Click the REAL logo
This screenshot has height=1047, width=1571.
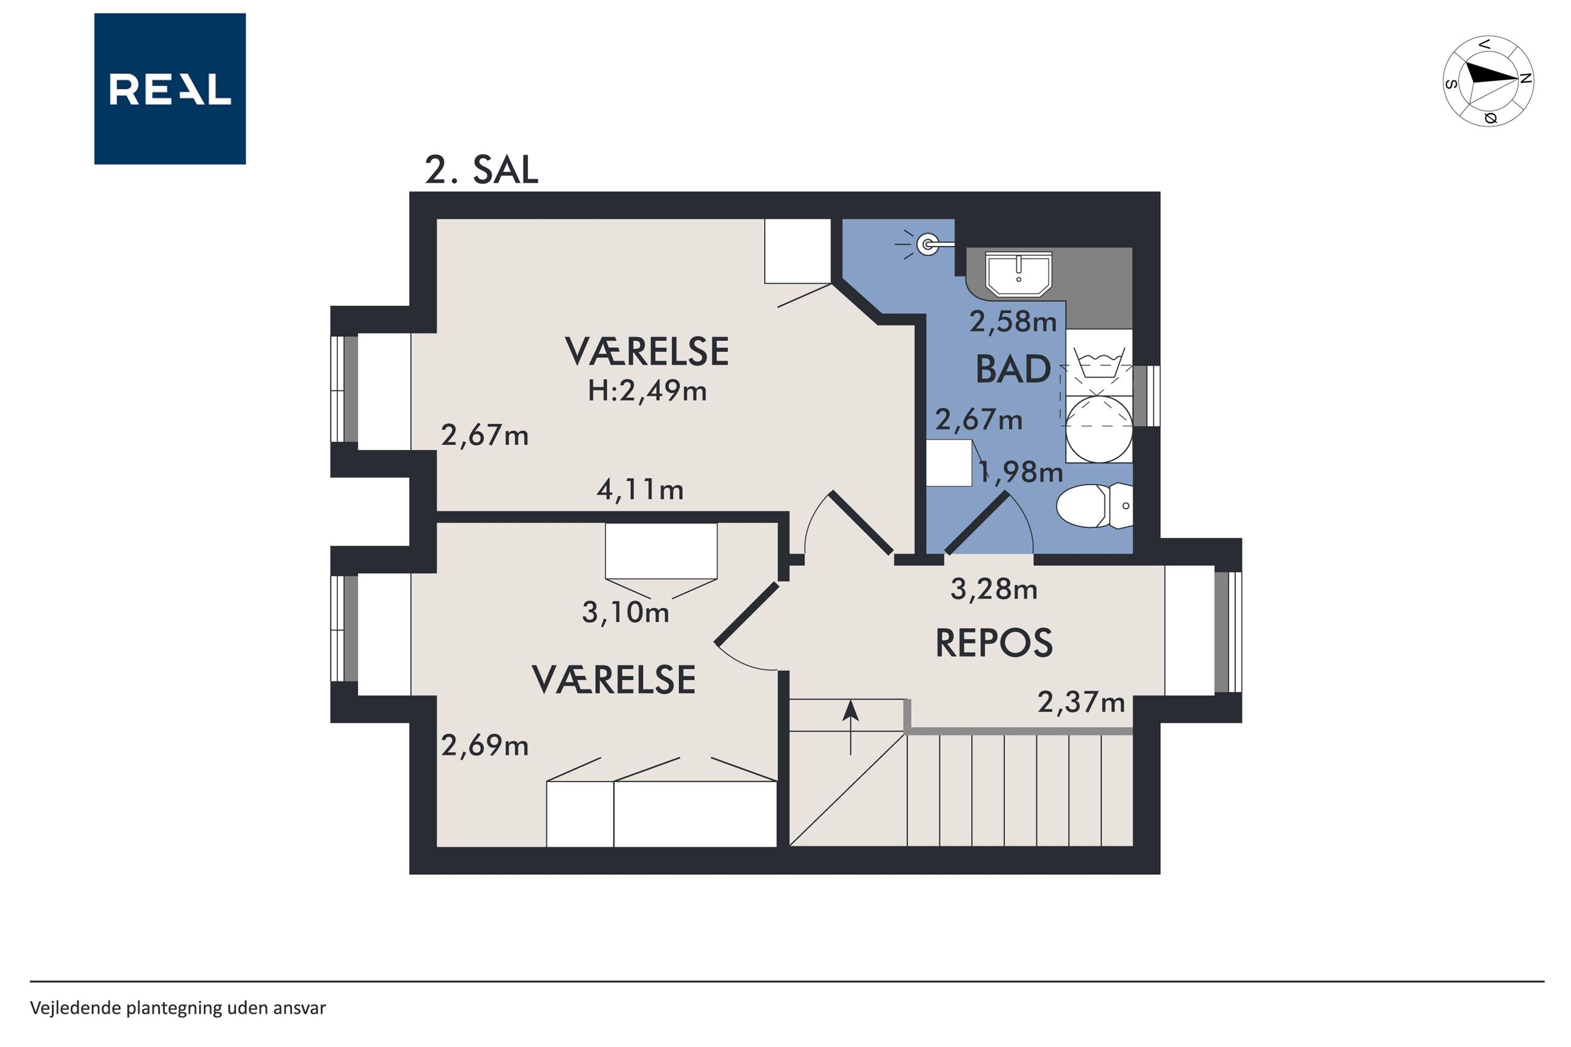[170, 89]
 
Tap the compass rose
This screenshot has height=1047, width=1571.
[1488, 81]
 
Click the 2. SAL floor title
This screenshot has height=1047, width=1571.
[482, 170]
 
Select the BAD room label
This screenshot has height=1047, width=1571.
[1013, 369]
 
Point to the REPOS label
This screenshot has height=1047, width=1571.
[993, 643]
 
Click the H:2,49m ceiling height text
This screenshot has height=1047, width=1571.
[647, 391]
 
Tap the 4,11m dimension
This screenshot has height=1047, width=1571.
[640, 490]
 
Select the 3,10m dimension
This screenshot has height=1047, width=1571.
[625, 612]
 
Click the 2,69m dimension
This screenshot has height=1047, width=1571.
[485, 745]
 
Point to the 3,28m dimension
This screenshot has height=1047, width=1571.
[993, 589]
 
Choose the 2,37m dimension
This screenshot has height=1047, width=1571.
[1081, 702]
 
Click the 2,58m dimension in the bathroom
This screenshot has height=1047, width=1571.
[1013, 322]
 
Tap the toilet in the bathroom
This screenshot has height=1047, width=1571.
[1094, 506]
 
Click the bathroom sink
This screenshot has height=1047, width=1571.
[1018, 274]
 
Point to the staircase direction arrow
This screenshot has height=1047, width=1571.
[850, 727]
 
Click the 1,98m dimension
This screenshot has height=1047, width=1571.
[1021, 472]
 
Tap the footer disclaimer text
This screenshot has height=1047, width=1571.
[178, 1008]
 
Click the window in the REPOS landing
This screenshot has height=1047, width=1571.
[1228, 631]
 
